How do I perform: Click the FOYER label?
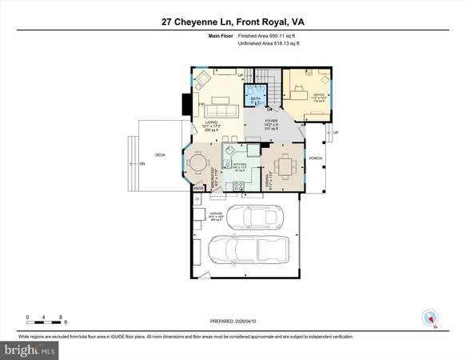(272, 121)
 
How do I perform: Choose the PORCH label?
(316, 158)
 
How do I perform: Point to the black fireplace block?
(186, 104)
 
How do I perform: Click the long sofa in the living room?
(217, 110)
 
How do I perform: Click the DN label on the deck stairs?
(142, 163)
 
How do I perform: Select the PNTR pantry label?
(197, 189)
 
